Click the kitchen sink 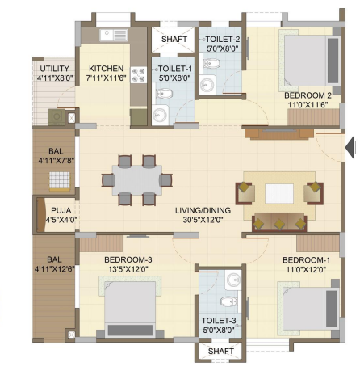(114, 36)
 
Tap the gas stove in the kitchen (139, 75)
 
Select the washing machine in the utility (57, 117)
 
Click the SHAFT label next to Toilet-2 (174, 39)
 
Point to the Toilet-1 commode (164, 94)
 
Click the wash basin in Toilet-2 (207, 85)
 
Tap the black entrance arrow (350, 147)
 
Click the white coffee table (279, 193)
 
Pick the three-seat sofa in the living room (279, 221)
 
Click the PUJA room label (61, 210)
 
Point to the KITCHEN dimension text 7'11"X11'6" (106, 78)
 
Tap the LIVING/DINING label (203, 210)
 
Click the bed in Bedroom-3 (130, 306)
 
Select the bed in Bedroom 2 (310, 61)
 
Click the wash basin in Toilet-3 (233, 280)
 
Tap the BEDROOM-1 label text (306, 260)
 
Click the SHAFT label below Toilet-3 (221, 351)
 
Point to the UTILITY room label (55, 69)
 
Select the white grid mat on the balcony (60, 180)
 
